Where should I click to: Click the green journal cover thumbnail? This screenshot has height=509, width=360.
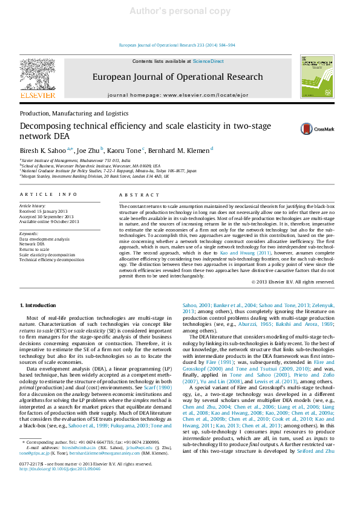318,77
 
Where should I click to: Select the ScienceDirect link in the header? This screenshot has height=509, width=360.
208,62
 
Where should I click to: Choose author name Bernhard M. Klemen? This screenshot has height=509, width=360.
179,150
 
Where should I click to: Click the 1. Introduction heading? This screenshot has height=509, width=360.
38,306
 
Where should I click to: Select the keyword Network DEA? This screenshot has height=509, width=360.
32,244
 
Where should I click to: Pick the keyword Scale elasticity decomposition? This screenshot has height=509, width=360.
51,254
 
